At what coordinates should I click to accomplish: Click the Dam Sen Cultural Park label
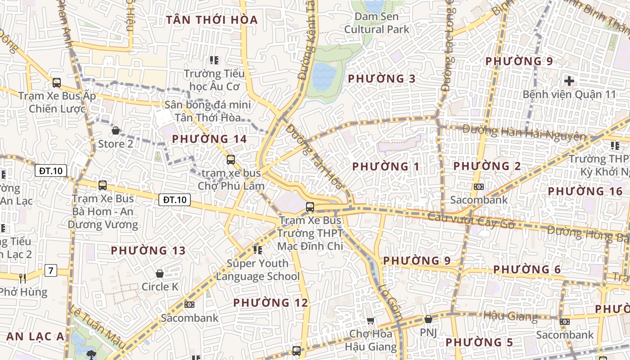(377, 23)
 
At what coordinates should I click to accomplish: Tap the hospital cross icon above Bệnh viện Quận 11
(569, 81)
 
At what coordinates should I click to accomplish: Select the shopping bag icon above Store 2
(116, 131)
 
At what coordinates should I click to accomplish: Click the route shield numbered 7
(51, 270)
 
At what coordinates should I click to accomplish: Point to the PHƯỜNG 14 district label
(210, 139)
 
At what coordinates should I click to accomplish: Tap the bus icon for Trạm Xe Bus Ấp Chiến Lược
(57, 83)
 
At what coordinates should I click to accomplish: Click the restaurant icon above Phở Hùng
(22, 279)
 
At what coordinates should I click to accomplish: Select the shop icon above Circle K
(159, 274)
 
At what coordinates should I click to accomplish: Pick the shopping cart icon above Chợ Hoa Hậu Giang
(370, 321)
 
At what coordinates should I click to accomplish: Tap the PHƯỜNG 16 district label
(585, 191)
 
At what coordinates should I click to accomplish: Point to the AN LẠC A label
(35, 337)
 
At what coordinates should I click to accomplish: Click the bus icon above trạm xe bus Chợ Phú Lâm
(231, 160)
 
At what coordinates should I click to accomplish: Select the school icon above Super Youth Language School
(258, 250)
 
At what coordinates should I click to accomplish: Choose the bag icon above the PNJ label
(428, 319)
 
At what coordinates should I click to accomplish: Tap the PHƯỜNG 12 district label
(271, 303)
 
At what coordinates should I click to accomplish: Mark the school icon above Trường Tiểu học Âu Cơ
(214, 60)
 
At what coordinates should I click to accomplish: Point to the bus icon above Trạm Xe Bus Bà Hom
(103, 185)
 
